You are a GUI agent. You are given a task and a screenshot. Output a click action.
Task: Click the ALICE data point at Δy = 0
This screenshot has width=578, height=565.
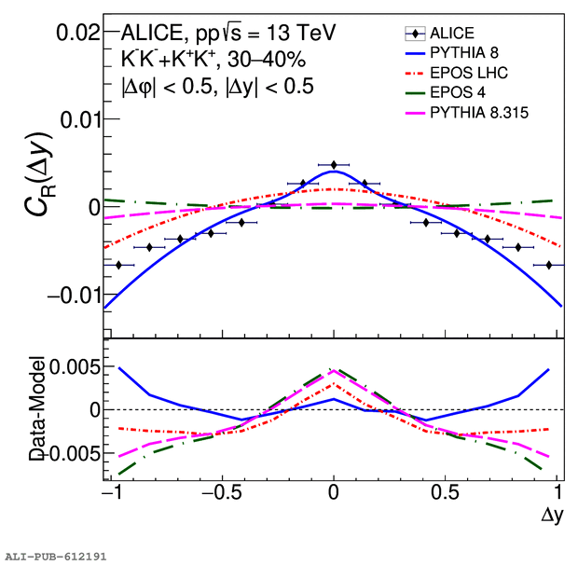tap(334, 165)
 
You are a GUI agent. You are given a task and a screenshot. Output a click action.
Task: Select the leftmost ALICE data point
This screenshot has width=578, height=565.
tap(118, 265)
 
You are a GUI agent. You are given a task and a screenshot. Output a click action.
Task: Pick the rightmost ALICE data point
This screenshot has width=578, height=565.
tap(549, 265)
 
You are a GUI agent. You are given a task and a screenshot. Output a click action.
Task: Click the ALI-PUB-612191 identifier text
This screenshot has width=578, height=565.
tap(56, 556)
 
